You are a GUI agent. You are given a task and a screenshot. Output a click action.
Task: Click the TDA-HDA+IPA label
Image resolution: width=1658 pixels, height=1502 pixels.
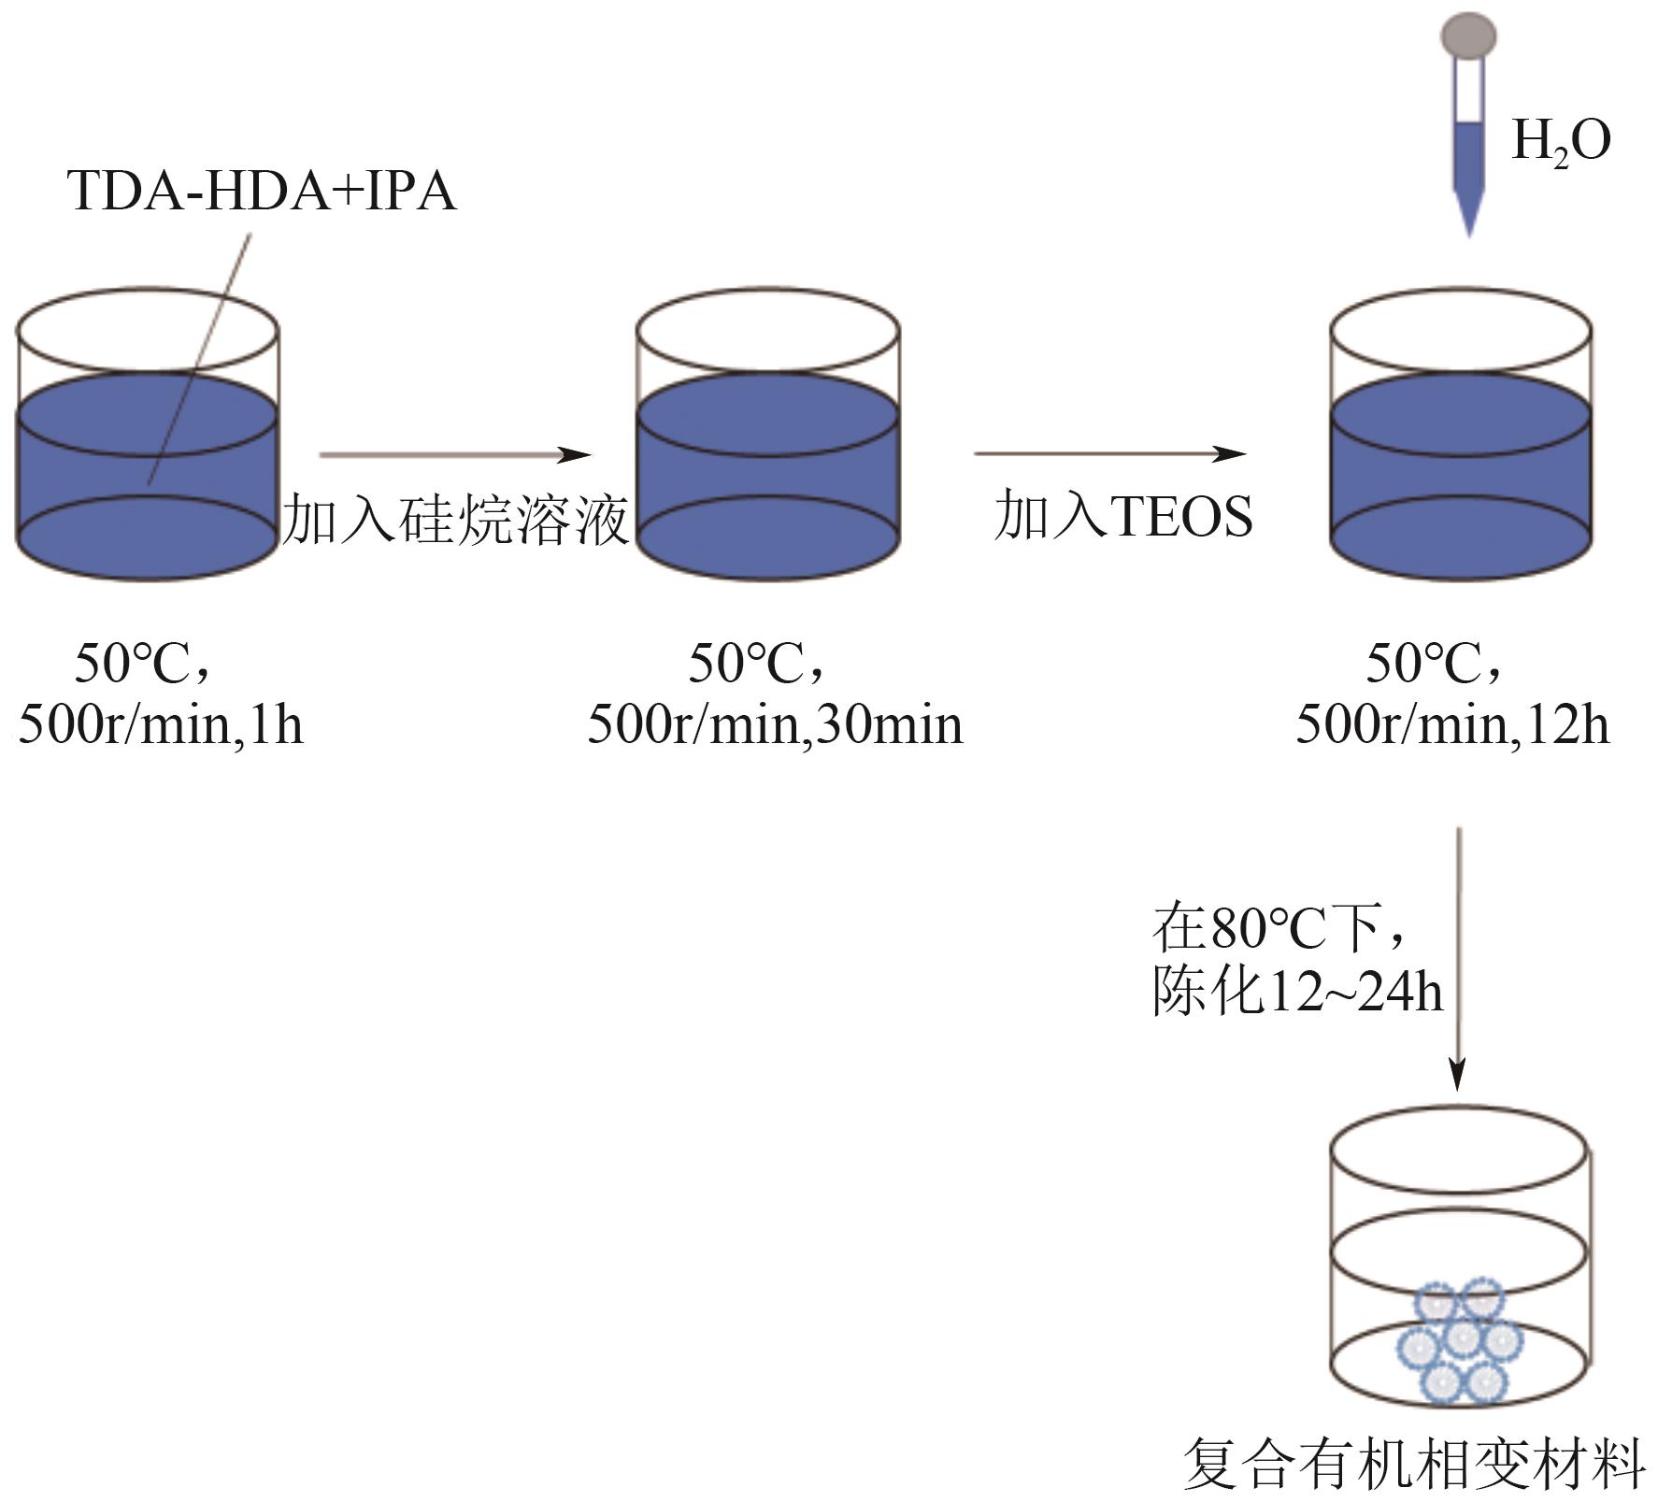point(262,191)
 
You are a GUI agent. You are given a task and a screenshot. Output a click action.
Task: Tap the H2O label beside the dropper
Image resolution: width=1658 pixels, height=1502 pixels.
point(1560,143)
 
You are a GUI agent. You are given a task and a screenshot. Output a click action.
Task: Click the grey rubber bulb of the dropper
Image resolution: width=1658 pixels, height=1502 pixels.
point(1468,36)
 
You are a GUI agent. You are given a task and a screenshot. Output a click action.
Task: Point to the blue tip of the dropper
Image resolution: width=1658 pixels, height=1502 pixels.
point(1468,210)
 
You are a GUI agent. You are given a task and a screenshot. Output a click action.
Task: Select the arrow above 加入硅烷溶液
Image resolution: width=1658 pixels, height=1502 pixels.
point(455,455)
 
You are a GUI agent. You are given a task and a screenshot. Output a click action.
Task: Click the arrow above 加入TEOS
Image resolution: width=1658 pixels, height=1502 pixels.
point(1109,454)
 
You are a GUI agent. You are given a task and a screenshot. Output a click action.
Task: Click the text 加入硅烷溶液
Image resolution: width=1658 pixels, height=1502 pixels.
point(455,519)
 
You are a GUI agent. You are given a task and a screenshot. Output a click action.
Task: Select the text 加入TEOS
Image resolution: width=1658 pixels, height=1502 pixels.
point(1122,516)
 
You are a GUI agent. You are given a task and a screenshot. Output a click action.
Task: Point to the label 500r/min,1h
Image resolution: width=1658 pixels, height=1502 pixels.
point(161,725)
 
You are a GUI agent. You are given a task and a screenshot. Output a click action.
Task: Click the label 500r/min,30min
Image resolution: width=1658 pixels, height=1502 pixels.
point(775,725)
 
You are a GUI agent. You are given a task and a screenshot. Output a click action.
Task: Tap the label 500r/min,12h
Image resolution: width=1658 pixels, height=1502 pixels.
point(1452,725)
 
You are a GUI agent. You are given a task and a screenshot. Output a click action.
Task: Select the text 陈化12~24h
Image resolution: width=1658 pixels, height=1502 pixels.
point(1296,991)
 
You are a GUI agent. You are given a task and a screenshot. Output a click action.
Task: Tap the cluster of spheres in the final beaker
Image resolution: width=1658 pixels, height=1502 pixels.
point(1460,1342)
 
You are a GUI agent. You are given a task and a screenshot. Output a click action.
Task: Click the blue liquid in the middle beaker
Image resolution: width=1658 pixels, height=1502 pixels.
point(767,477)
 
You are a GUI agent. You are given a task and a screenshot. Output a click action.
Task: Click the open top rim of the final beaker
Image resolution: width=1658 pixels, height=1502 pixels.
point(1458,1150)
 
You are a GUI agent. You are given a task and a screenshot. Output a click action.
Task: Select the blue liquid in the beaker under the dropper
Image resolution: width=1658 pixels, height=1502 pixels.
point(1460,477)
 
